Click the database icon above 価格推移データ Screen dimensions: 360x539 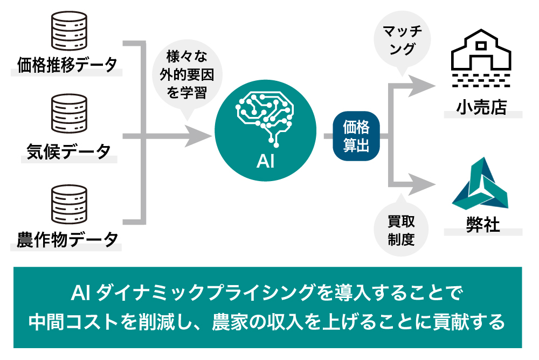pos(68,30)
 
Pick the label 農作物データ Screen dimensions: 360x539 pos(67,239)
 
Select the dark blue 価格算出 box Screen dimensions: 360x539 pos(356,137)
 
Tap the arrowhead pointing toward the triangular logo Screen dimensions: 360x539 pos(420,184)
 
